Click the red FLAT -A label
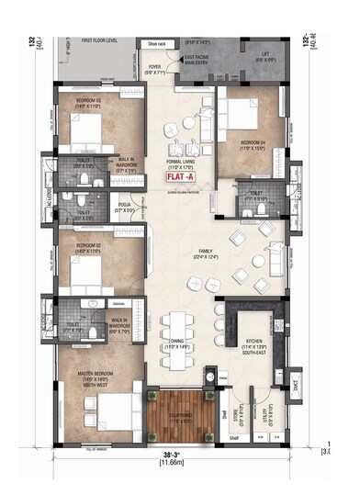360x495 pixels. click(x=180, y=180)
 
